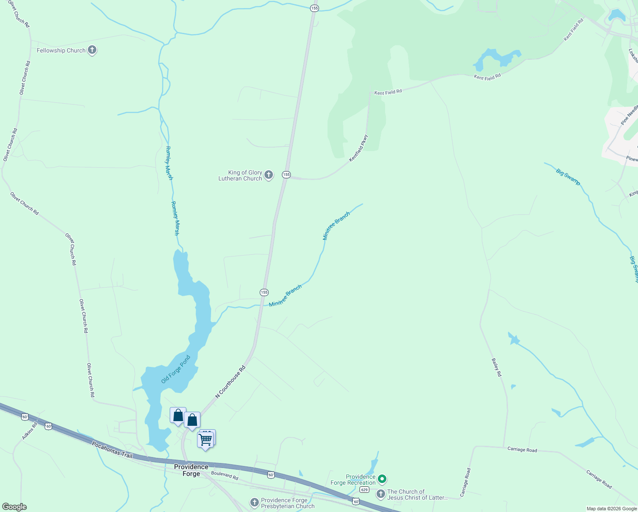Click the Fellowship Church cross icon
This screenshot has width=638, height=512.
pos(92,50)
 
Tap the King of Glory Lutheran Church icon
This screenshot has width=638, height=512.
pos(269,175)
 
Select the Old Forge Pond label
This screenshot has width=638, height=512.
pos(176,369)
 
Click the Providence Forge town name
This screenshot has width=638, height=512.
pos(191,470)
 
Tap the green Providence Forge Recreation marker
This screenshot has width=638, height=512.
pos(383,479)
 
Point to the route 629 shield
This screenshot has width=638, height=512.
pos(364,489)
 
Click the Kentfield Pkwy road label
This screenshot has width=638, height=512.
pos(358,148)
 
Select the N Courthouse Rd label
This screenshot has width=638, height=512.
pos(230,382)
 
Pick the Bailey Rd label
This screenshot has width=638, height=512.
pos(496,367)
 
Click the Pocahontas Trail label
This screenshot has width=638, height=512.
pos(113,450)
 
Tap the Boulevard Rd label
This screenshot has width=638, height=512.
pos(224,476)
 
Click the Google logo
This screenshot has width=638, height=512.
pos(14,507)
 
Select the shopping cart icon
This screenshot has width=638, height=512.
pos(206,439)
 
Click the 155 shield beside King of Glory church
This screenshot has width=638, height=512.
pos(286,175)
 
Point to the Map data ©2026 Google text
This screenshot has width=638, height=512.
pos(611,509)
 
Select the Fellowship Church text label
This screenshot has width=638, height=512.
pos(61,50)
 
